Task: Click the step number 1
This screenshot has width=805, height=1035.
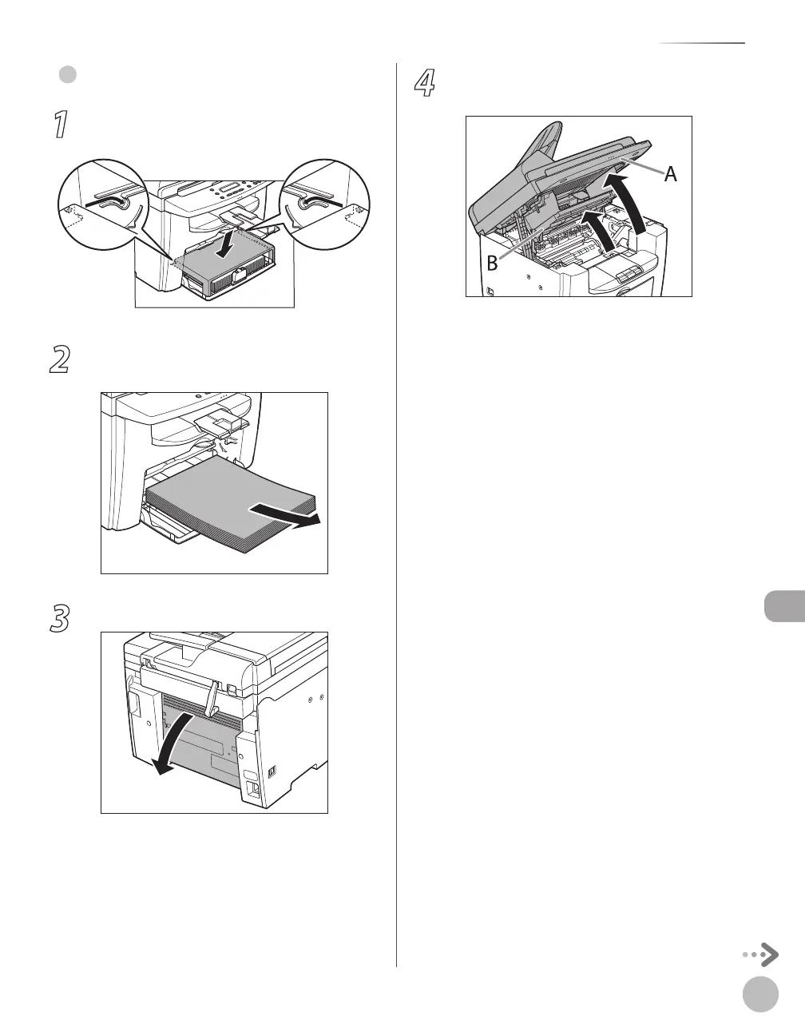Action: click(x=59, y=126)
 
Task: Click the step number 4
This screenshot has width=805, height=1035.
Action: click(x=424, y=84)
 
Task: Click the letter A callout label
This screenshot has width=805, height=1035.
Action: click(x=671, y=174)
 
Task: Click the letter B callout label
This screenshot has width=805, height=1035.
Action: click(x=492, y=262)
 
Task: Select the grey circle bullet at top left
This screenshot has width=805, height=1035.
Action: click(x=68, y=74)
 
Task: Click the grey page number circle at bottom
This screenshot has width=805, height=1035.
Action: click(x=759, y=995)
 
